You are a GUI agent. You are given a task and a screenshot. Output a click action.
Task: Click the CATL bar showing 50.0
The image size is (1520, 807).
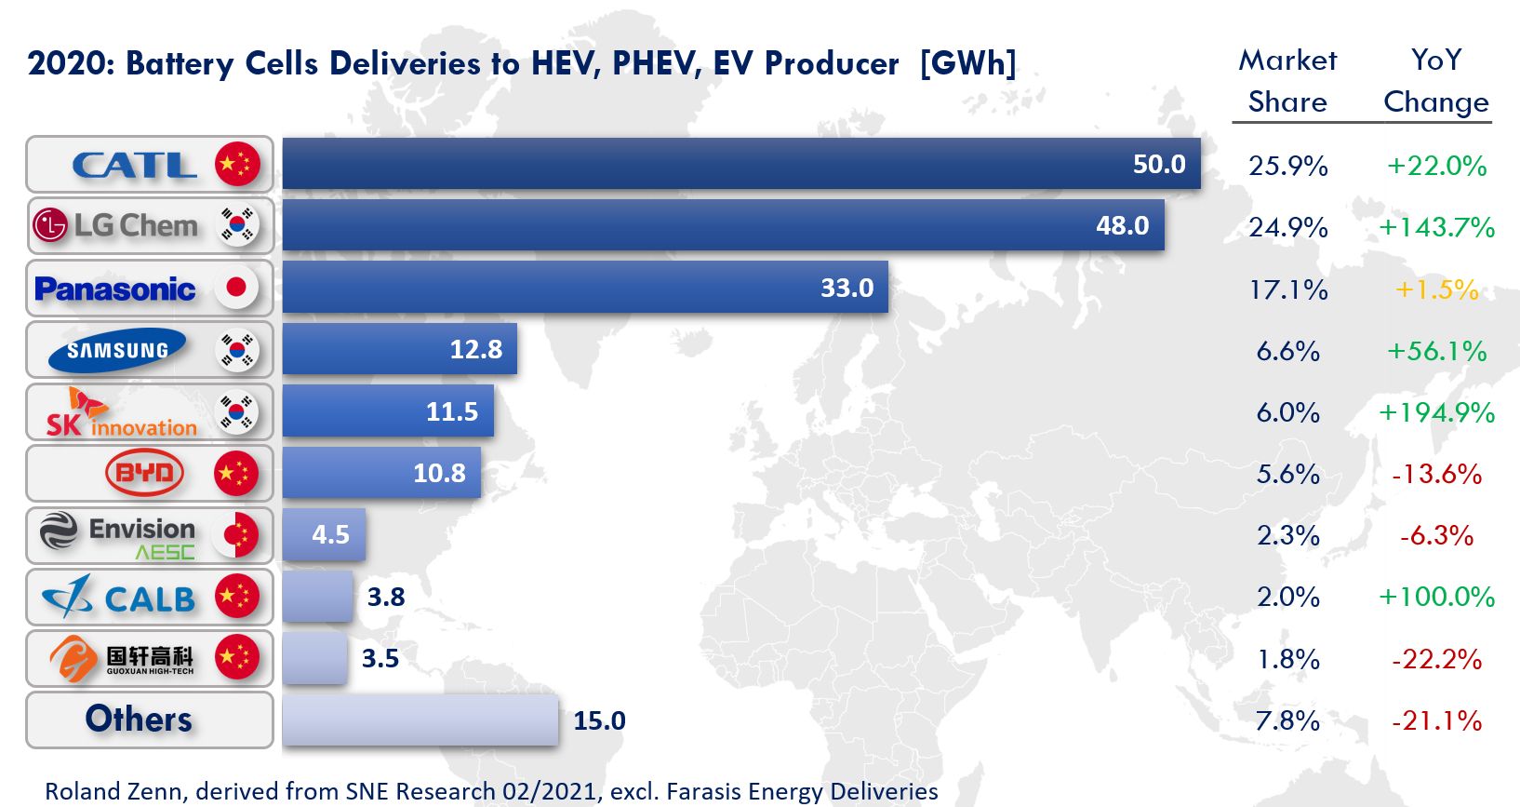coord(740,164)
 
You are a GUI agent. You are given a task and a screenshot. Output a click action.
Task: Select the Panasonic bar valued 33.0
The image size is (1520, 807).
coord(584,288)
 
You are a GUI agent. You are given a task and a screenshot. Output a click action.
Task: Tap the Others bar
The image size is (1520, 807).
coord(420,720)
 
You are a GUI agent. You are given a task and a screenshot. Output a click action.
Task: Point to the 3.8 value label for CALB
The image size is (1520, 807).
coord(386,597)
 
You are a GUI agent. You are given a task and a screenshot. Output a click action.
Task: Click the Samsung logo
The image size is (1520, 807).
coord(117,350)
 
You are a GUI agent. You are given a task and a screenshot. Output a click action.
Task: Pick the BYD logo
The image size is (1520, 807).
coord(144,473)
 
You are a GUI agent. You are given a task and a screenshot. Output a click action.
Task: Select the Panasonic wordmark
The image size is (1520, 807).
coord(115,289)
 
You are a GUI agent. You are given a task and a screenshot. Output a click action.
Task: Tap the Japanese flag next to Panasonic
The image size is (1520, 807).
coord(236,288)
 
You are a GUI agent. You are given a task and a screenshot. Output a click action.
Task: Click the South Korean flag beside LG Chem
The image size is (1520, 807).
coord(237,225)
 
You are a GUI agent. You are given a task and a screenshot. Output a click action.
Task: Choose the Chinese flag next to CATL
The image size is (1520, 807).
coord(237,165)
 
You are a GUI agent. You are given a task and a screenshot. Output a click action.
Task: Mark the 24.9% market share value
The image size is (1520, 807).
coord(1287,227)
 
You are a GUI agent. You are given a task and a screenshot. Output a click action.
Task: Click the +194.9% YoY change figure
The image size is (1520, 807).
coord(1436,412)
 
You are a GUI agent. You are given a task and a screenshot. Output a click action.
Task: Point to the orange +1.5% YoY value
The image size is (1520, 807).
coord(1436,289)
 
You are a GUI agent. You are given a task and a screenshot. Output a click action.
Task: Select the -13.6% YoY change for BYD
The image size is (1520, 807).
coord(1436,474)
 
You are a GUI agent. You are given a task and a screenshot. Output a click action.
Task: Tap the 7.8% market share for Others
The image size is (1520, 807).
coord(1287,720)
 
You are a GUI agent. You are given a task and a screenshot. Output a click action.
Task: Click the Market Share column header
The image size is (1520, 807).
coord(1287,81)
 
